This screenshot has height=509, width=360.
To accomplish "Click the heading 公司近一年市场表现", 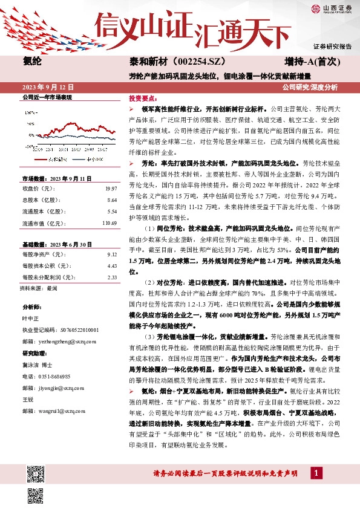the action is tap(47, 97).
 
